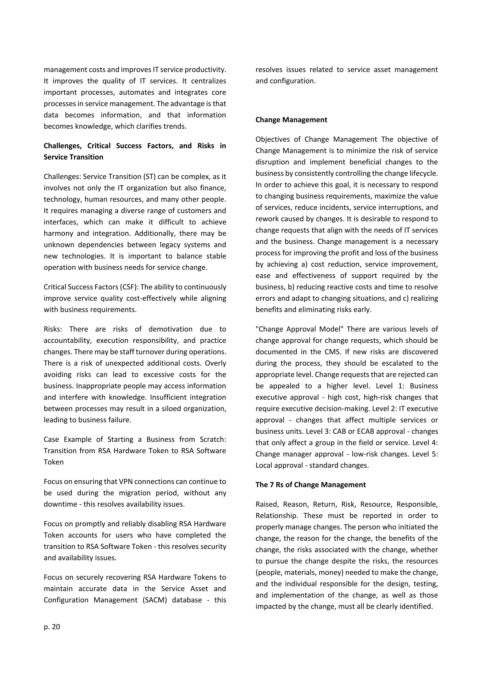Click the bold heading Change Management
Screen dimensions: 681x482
(x=291, y=120)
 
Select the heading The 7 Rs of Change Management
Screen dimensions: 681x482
(x=310, y=485)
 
